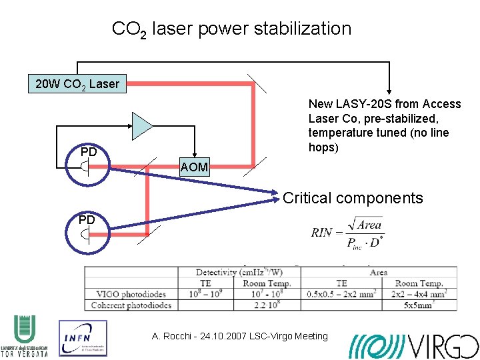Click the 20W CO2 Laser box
[77, 84]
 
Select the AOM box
[194, 167]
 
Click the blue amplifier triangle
[141, 126]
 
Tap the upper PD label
[89, 153]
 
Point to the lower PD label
[87, 219]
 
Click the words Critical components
[353, 198]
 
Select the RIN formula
[347, 233]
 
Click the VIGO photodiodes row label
[130, 294]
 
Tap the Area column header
[379, 272]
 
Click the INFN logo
[83, 337]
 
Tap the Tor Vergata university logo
[25, 337]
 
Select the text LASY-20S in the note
[357, 104]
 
